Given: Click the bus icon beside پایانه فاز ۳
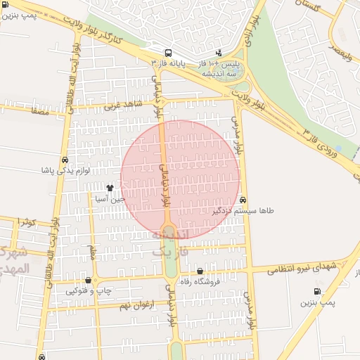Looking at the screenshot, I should pyautogui.click(x=167, y=53).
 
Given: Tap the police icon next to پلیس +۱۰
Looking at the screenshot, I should pyautogui.click(x=219, y=52).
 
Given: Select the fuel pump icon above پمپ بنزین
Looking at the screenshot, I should pyautogui.click(x=317, y=292).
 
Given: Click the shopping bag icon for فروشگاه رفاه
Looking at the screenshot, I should pyautogui.click(x=200, y=271).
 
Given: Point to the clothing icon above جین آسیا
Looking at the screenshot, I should pyautogui.click(x=110, y=188).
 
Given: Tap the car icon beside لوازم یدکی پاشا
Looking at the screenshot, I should pyautogui.click(x=65, y=160).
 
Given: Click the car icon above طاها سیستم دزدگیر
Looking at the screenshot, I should pyautogui.click(x=243, y=200).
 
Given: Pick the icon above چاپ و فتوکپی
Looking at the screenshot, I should pyautogui.click(x=88, y=281).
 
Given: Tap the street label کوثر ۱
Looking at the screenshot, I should pyautogui.click(x=26, y=222).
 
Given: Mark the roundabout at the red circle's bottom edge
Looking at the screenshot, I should pyautogui.click(x=169, y=231).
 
